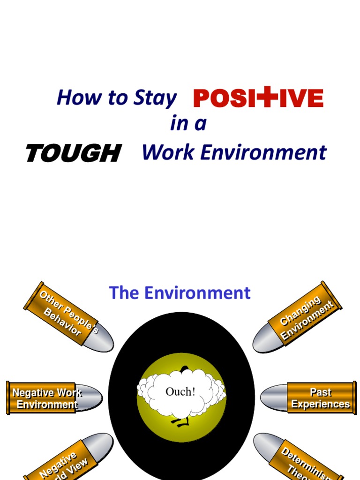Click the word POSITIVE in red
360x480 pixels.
pos(258,98)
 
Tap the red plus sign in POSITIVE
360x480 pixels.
pos(266,97)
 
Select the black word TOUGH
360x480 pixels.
pos(74,153)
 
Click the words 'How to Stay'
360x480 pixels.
pos(116,98)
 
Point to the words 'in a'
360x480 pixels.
pos(188,124)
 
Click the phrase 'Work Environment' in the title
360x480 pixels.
pos(234,152)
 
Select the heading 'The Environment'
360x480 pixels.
pos(180,293)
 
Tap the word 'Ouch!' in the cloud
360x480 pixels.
pos(180,392)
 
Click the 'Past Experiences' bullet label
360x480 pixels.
pos(321,398)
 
